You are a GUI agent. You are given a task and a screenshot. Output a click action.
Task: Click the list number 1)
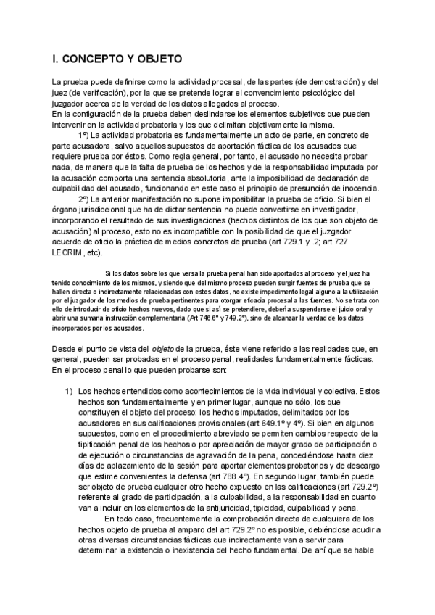(x=70, y=392)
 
